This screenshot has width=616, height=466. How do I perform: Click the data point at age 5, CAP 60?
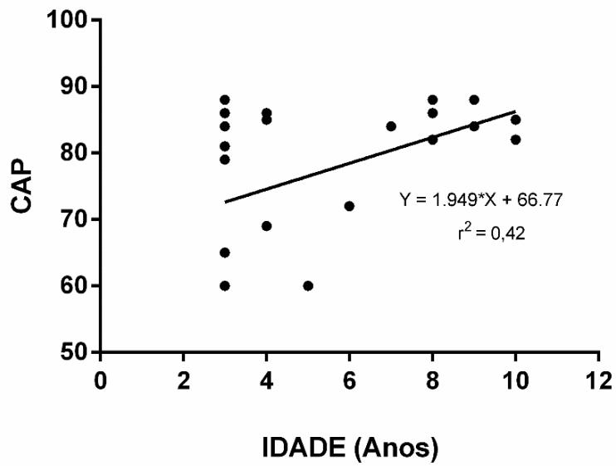pos(308,286)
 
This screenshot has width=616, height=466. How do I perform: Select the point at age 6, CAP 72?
pos(350,206)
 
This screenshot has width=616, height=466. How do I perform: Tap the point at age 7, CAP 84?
pos(391,126)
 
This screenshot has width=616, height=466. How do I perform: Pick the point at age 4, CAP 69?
pos(266,226)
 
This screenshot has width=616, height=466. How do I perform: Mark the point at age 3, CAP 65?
pos(225,253)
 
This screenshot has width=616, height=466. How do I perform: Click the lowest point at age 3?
pos(225,286)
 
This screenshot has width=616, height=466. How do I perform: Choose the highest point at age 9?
pos(474,100)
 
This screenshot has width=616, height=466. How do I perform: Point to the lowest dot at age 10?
pos(516,140)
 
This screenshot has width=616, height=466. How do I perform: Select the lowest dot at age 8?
pos(433,140)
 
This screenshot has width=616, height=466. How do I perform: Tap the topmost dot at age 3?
pos(225,100)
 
